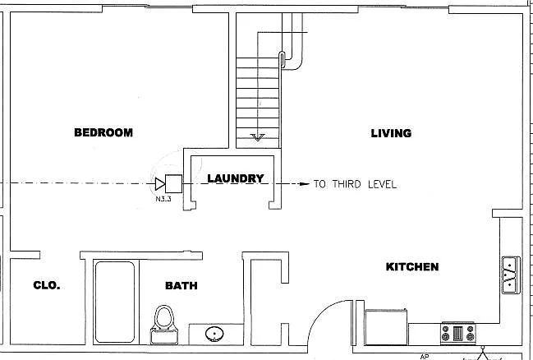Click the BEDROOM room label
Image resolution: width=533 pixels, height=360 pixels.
[x=103, y=132]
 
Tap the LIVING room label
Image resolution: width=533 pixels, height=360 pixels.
[x=391, y=133]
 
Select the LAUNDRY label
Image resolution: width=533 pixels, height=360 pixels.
[x=235, y=178]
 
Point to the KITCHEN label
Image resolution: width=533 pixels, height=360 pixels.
[x=412, y=267]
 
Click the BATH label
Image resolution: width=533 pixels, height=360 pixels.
[x=181, y=285]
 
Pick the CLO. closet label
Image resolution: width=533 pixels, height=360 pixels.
[x=47, y=285]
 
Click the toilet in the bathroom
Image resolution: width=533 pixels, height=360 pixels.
[x=164, y=325]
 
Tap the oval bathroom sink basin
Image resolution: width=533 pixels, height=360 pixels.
[x=214, y=335]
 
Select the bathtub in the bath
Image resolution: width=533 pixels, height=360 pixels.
[x=115, y=302]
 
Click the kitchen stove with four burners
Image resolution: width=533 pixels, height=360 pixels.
[x=458, y=333]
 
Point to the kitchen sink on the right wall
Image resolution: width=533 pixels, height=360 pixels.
[x=511, y=275]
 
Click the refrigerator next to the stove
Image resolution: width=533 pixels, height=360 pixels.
[x=386, y=326]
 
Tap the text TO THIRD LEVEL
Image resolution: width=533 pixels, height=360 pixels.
[x=355, y=184]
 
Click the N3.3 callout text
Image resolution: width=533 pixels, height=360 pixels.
[x=163, y=199]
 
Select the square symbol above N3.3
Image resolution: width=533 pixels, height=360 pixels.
[x=173, y=184]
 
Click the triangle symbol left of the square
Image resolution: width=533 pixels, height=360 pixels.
[x=160, y=184]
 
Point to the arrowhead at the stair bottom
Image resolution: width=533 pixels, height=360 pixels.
[x=258, y=137]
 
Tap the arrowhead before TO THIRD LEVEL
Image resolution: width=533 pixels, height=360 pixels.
[x=304, y=184]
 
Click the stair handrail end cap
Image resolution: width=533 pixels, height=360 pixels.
[x=282, y=58]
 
